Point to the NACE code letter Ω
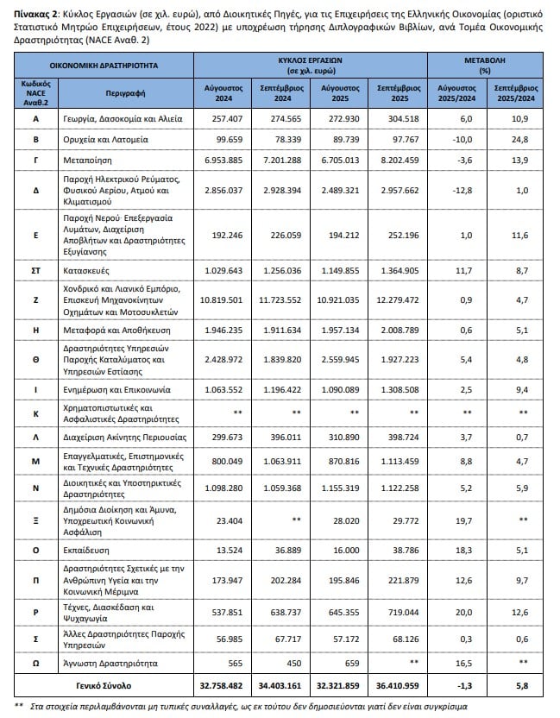35,664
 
